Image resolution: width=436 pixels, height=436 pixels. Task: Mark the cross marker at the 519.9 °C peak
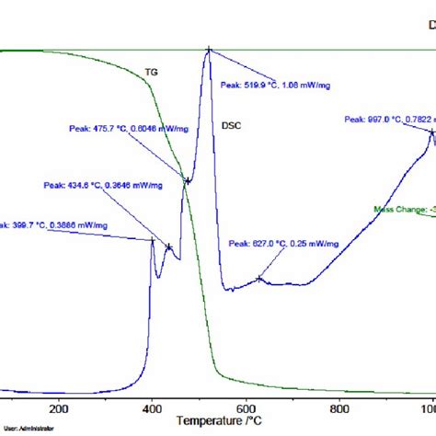209,51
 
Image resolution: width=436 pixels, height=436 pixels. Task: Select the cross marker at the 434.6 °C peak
168,246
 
